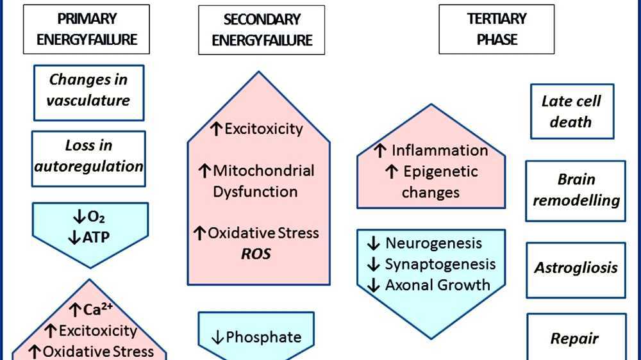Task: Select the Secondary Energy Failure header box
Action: click(x=261, y=29)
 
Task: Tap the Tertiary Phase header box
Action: click(x=496, y=29)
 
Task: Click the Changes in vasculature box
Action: click(x=88, y=90)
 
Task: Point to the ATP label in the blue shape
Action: click(x=89, y=238)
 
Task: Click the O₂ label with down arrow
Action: click(x=89, y=216)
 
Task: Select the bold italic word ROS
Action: click(x=256, y=254)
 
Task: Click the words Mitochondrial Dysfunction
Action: click(x=256, y=181)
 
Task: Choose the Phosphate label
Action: click(x=256, y=337)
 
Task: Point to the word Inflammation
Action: click(x=439, y=151)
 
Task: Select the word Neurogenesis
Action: click(x=433, y=243)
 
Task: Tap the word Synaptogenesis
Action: click(x=440, y=265)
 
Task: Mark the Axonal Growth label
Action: click(x=437, y=286)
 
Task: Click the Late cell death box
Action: click(x=571, y=111)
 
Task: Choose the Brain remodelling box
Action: click(x=576, y=190)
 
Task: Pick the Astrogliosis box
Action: click(x=576, y=267)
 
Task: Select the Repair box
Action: click(x=575, y=338)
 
